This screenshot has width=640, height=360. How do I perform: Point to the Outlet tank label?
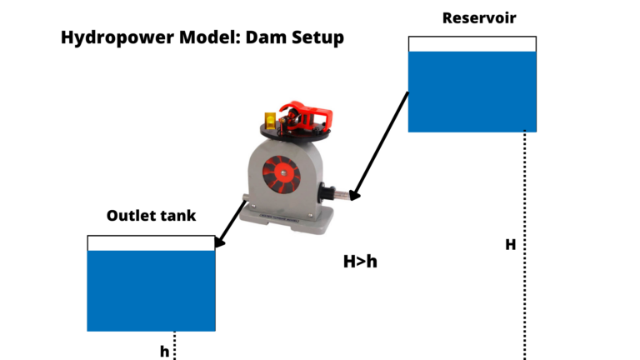pos(151,216)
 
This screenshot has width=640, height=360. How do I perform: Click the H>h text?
pos(360,261)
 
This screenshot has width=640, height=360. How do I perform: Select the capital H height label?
pos(510,245)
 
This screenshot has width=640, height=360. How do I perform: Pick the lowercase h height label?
pos(164,352)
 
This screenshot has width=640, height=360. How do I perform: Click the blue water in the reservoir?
pos(472,92)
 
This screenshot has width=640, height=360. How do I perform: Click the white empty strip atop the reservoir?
pos(472,44)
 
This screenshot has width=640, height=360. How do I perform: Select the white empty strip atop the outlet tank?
pos(151,242)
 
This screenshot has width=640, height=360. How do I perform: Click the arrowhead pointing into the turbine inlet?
pos(354,196)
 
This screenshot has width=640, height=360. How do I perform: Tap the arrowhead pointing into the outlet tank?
pos(219,242)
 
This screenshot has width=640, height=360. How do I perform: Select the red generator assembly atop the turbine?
pos(305,116)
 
